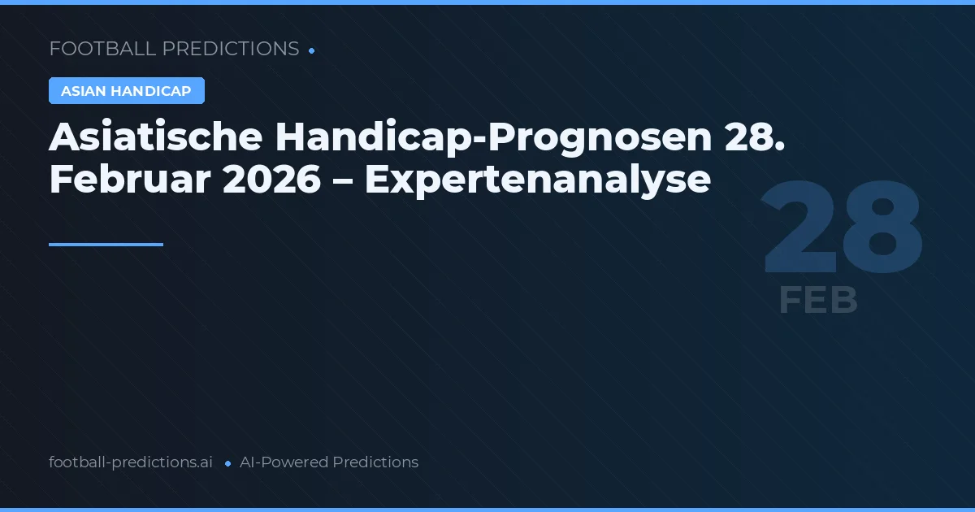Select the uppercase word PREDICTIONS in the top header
[231, 49]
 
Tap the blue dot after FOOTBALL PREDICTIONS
[312, 50]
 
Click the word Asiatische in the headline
[155, 138]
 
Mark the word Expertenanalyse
[537, 180]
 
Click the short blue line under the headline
[106, 244]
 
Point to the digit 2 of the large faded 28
[801, 230]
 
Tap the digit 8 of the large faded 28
[882, 230]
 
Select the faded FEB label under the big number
[817, 300]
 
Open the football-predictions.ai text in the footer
[131, 462]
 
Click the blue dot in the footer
[227, 463]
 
